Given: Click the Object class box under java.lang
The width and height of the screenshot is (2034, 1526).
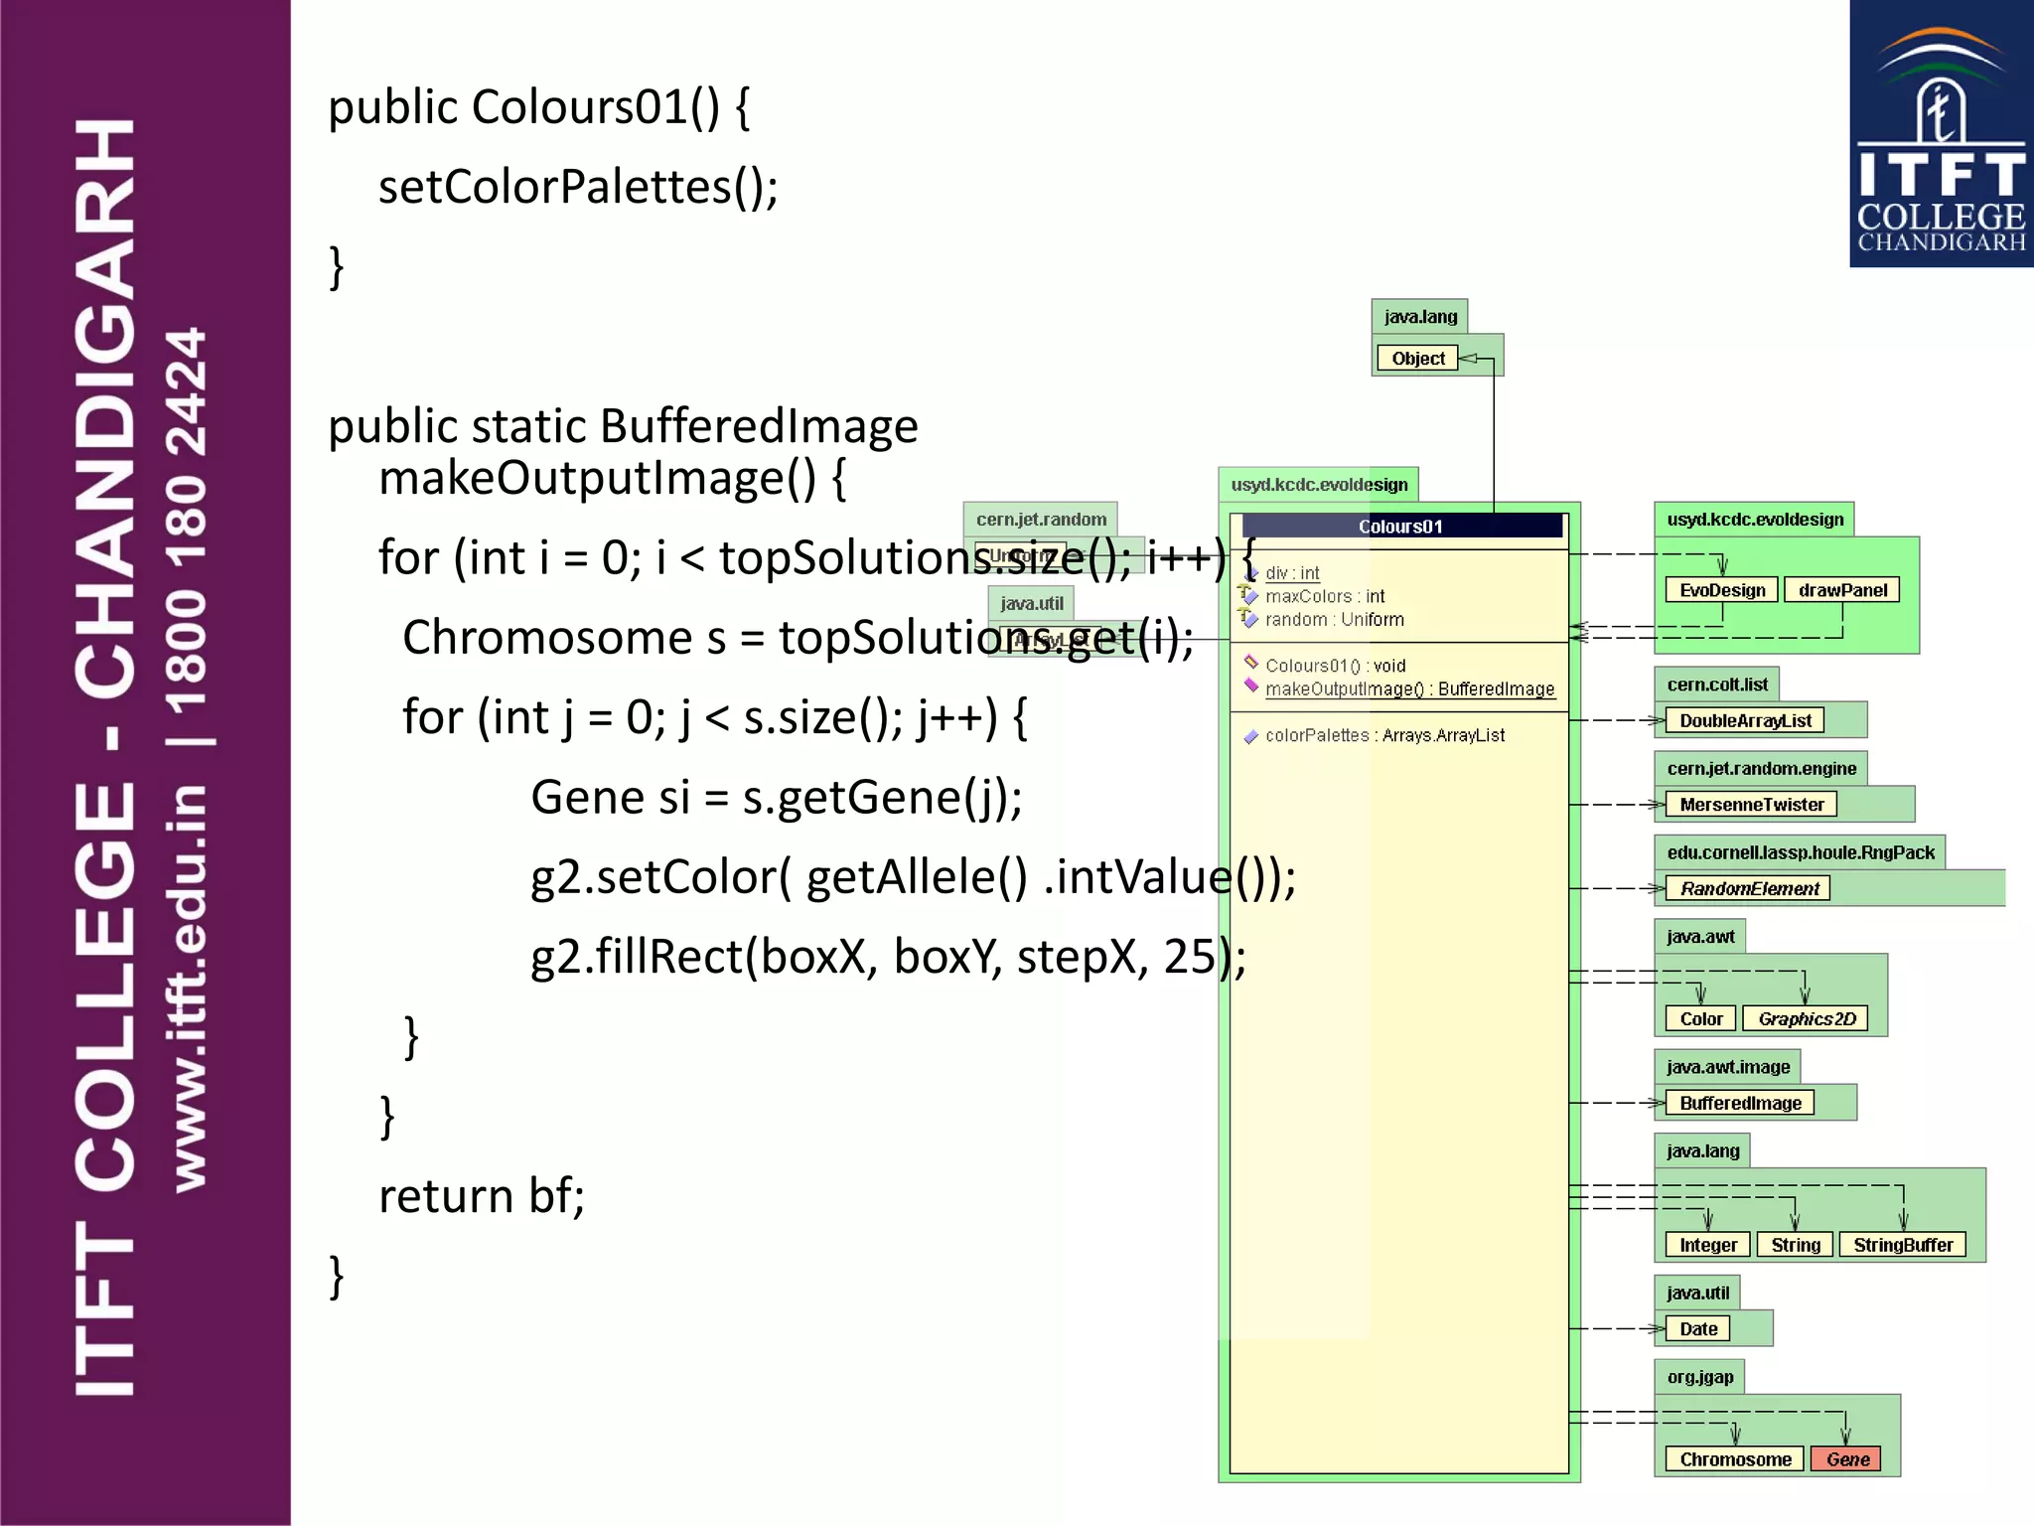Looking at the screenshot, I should (1417, 359).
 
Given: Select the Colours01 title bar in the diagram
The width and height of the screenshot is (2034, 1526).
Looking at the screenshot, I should (1400, 527).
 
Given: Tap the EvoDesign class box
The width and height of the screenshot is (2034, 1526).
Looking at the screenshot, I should (1722, 590).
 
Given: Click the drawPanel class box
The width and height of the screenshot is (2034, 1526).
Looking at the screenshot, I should (1842, 590).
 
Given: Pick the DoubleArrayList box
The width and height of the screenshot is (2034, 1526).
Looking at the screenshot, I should (1745, 720).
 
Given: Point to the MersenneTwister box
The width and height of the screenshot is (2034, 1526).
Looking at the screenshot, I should (1751, 805).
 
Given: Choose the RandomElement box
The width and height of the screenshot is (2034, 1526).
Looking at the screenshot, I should (1749, 888).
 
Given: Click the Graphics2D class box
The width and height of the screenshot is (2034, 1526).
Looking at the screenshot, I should (1806, 1019).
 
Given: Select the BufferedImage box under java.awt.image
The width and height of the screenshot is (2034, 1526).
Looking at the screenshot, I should (1740, 1103).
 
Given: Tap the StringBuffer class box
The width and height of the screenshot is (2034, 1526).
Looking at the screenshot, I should (1902, 1245).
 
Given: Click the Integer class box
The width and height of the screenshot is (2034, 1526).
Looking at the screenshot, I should (1708, 1245).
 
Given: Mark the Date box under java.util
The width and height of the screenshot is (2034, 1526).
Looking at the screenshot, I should (1698, 1329).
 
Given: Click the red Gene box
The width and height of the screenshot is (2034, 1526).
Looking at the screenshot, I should (1846, 1459).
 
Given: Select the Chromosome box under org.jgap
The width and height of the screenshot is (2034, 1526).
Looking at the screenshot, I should (1735, 1459).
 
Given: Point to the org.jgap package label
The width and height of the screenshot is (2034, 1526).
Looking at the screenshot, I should (1699, 1377).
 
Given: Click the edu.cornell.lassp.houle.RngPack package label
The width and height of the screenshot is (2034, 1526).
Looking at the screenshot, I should (1800, 852).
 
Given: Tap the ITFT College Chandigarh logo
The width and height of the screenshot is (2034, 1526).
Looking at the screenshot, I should (1941, 134).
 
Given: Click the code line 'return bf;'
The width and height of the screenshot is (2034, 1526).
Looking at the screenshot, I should (482, 1195).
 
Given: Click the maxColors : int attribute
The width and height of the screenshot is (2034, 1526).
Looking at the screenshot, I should (1324, 596).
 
